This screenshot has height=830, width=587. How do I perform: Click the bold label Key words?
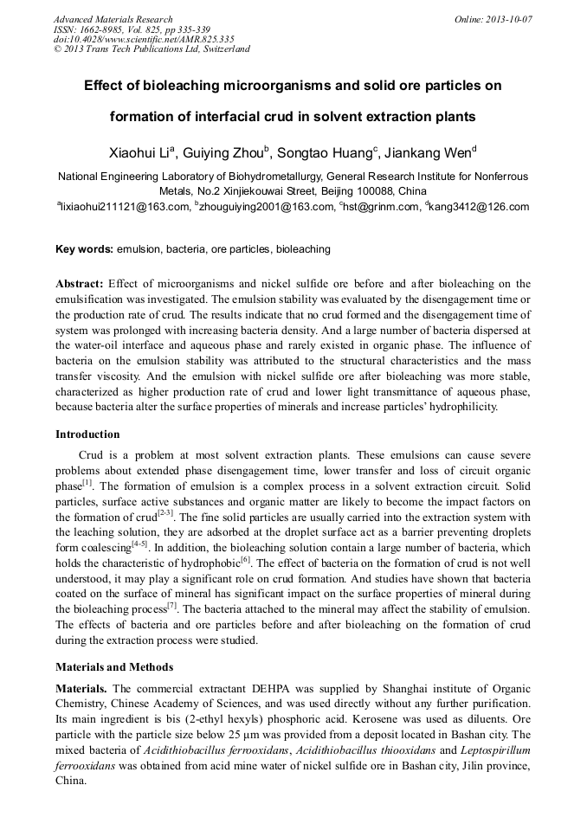tap(84, 249)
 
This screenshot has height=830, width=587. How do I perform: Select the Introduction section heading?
tap(87, 434)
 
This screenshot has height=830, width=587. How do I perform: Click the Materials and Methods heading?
tap(114, 667)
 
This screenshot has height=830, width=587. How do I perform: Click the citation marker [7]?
tap(171, 606)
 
